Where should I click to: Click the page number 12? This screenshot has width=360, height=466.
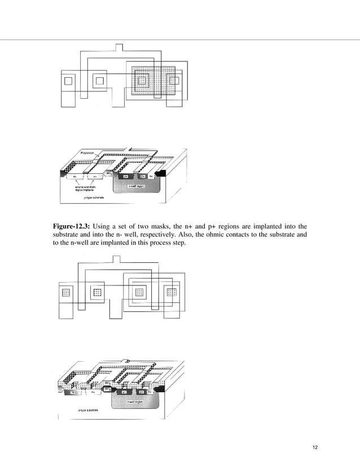[315, 448]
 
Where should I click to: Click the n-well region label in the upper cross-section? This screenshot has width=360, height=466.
[138, 184]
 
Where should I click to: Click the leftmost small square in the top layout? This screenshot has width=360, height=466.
[69, 80]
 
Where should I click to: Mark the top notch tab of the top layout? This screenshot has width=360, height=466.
[119, 47]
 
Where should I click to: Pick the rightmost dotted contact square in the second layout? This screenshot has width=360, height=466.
[172, 292]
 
